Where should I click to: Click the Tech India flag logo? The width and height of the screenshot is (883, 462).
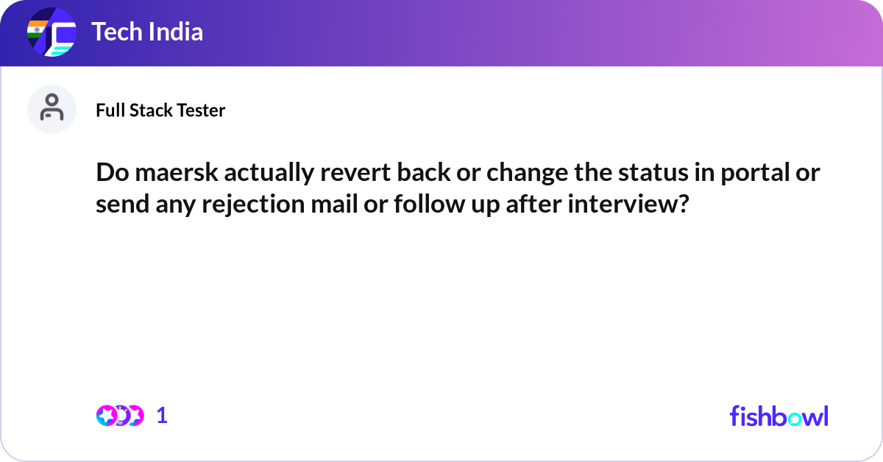[x=52, y=33]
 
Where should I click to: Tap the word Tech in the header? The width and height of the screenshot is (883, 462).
[x=114, y=32]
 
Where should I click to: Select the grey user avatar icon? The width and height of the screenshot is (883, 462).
[x=52, y=109]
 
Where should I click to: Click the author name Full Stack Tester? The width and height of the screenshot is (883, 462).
[x=160, y=110]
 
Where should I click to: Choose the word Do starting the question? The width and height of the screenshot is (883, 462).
[x=109, y=174]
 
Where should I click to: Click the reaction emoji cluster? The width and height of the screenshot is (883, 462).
[x=119, y=416]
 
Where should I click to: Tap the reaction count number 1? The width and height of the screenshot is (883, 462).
[x=162, y=416]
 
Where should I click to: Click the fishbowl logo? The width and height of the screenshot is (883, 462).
[x=779, y=416]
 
